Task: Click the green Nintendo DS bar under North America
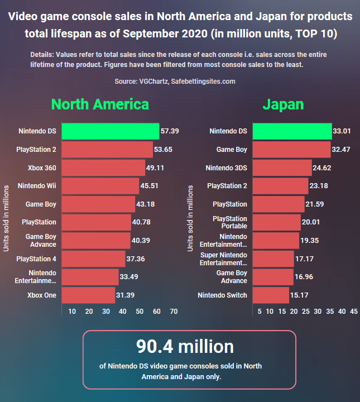(111, 131)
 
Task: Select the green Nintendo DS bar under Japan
(292, 131)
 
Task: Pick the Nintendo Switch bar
(271, 295)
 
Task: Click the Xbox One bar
(88, 295)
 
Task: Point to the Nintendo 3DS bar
(282, 167)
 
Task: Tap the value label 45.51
(151, 186)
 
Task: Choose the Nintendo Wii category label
(37, 186)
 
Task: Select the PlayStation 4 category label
(36, 259)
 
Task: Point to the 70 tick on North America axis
(174, 311)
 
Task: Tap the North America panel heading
(100, 104)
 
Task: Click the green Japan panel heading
(283, 104)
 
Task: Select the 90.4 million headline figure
(185, 346)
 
